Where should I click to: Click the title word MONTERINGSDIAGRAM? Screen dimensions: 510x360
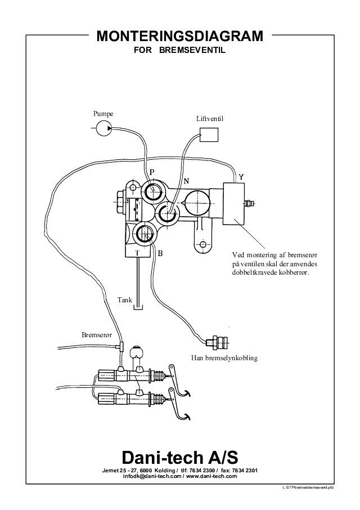pos(180,37)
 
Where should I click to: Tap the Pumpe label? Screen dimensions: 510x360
pos(103,114)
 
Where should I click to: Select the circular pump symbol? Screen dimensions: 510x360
pos(103,129)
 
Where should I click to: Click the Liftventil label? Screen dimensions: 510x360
pos(210,120)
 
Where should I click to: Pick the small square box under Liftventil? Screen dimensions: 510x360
pos(209,135)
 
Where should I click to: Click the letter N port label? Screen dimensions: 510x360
pos(187,181)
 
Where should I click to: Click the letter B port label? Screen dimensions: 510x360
pos(160,253)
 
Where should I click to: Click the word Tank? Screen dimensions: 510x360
pos(124,299)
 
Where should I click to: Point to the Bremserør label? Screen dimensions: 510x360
pos(97,334)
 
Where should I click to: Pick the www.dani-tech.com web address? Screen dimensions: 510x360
pos(209,476)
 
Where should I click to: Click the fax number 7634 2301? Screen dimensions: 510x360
pos(244,470)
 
